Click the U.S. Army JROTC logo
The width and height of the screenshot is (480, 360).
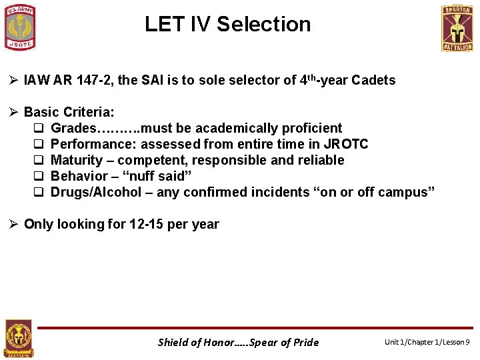21,27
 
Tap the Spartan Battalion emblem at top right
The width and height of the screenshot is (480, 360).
457,28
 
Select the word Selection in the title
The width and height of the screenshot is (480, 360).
263,24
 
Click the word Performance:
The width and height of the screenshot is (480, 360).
94,144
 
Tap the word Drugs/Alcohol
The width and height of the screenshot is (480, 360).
96,192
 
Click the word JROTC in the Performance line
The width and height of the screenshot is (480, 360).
347,144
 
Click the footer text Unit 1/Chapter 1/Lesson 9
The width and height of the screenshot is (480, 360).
427,342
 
